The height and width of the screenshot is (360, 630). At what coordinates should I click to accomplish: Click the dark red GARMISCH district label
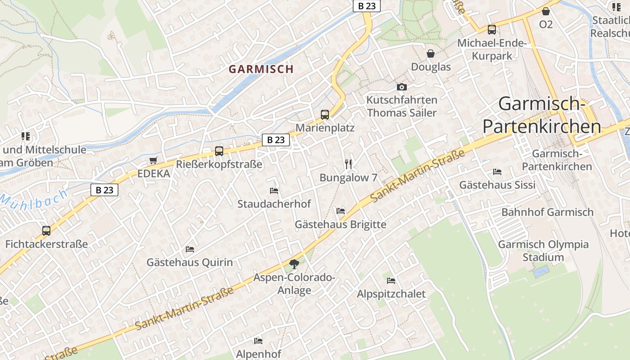point(261,69)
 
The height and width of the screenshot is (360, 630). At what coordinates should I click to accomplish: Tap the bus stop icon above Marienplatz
point(325,114)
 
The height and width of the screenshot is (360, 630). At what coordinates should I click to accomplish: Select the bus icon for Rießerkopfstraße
point(219,151)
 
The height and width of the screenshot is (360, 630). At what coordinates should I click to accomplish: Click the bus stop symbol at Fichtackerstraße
point(46,231)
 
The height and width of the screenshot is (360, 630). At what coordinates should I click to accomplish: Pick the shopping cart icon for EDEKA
point(153,161)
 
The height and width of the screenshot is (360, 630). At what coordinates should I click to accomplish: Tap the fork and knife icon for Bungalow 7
point(348,164)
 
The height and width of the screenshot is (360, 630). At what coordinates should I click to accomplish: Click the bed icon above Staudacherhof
point(274,191)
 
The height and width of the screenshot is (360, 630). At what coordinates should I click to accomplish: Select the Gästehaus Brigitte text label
point(340,224)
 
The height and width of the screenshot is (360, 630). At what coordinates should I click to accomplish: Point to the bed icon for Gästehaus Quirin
point(190,249)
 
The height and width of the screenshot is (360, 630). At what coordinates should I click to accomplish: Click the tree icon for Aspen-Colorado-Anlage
point(294,264)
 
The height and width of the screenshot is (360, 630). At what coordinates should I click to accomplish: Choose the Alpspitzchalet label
point(391,294)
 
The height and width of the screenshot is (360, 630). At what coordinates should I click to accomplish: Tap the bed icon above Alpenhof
point(258,341)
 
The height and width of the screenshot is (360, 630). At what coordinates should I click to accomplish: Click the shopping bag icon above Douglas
point(431,54)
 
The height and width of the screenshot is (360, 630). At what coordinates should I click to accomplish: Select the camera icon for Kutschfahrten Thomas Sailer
point(401,87)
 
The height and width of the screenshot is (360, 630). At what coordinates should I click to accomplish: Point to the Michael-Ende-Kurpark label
point(492,49)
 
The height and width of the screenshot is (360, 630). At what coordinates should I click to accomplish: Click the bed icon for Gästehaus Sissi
point(497,172)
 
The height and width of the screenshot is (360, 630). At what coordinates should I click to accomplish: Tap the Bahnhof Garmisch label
point(547,212)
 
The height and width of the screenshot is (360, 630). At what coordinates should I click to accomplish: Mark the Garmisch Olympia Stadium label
point(543,251)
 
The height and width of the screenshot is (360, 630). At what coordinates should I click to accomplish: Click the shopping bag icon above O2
point(546,11)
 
